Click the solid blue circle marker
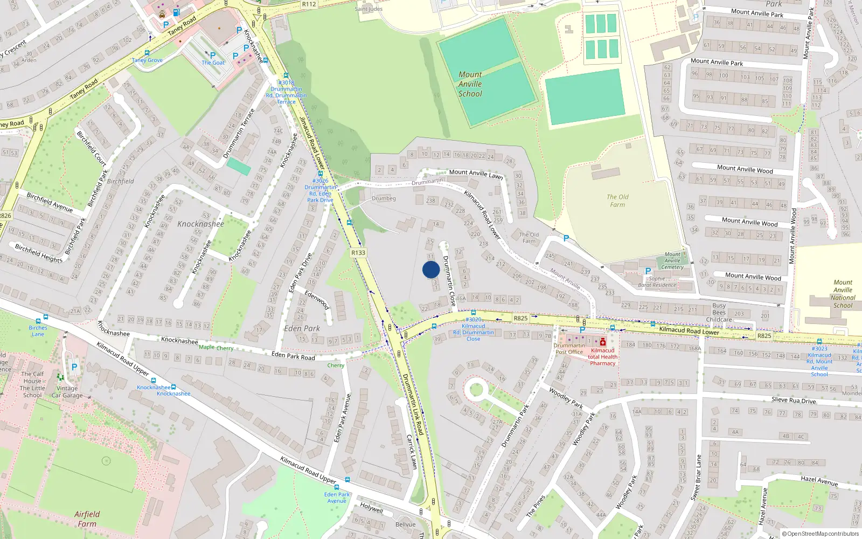[431, 269]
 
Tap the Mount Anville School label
[470, 84]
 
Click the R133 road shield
[358, 252]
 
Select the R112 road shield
[309, 4]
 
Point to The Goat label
[213, 63]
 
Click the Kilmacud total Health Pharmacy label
[602, 357]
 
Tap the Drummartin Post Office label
[569, 349]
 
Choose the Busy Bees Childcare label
[719, 313]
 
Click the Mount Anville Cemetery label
[672, 260]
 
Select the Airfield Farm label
[87, 519]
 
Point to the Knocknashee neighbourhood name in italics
[200, 224]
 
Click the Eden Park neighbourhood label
[302, 328]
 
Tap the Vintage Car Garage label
[67, 392]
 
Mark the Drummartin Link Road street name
[413, 404]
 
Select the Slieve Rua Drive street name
[794, 400]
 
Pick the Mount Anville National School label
[843, 294]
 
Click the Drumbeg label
[384, 198]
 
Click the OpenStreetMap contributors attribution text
[821, 534]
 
